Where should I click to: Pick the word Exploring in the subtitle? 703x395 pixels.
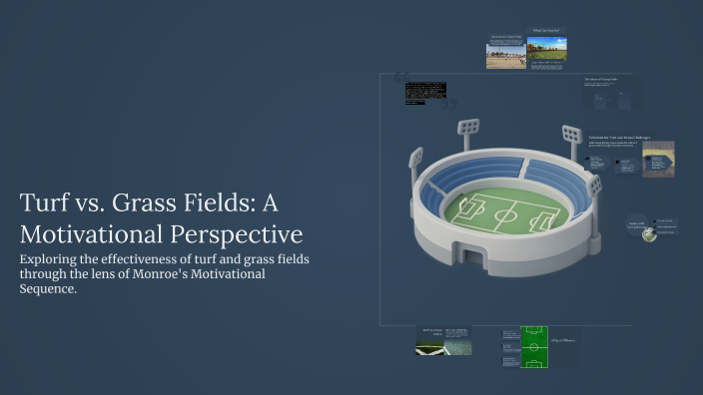click(51, 259)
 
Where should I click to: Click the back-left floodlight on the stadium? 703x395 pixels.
click(466, 128)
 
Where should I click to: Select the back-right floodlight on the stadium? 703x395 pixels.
click(571, 133)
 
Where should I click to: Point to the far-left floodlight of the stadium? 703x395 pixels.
click(415, 157)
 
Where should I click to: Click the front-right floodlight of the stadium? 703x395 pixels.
click(595, 184)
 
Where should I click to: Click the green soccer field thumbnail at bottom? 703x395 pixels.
click(535, 346)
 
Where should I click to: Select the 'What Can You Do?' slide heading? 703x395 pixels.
click(547, 30)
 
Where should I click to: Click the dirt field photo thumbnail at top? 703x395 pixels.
click(505, 55)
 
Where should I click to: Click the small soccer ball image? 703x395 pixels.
click(649, 234)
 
